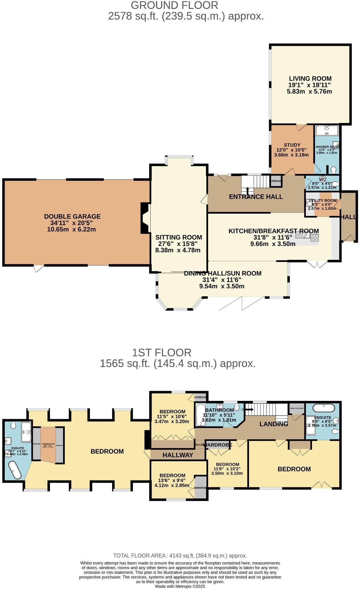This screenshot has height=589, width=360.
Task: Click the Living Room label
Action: point(310,79)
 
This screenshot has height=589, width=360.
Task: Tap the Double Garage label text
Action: point(72,217)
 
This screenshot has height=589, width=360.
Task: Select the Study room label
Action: point(292,145)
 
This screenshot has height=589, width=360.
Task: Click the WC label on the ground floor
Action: point(322,179)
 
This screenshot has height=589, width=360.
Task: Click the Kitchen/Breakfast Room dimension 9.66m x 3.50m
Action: point(273,244)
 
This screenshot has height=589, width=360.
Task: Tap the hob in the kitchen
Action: point(315,237)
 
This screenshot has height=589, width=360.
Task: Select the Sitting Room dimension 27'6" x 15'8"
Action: point(178,244)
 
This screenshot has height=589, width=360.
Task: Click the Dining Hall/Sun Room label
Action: point(223,273)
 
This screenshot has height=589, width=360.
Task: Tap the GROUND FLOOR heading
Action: point(174,5)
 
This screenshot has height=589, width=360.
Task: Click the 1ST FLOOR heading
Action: point(162,353)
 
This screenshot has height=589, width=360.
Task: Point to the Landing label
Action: point(274,424)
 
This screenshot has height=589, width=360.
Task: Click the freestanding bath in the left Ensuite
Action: point(15,470)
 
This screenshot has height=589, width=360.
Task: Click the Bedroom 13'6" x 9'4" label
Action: point(172,475)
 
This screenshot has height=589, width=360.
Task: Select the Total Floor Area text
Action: point(180,556)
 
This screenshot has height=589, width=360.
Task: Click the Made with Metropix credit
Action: point(180,586)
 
